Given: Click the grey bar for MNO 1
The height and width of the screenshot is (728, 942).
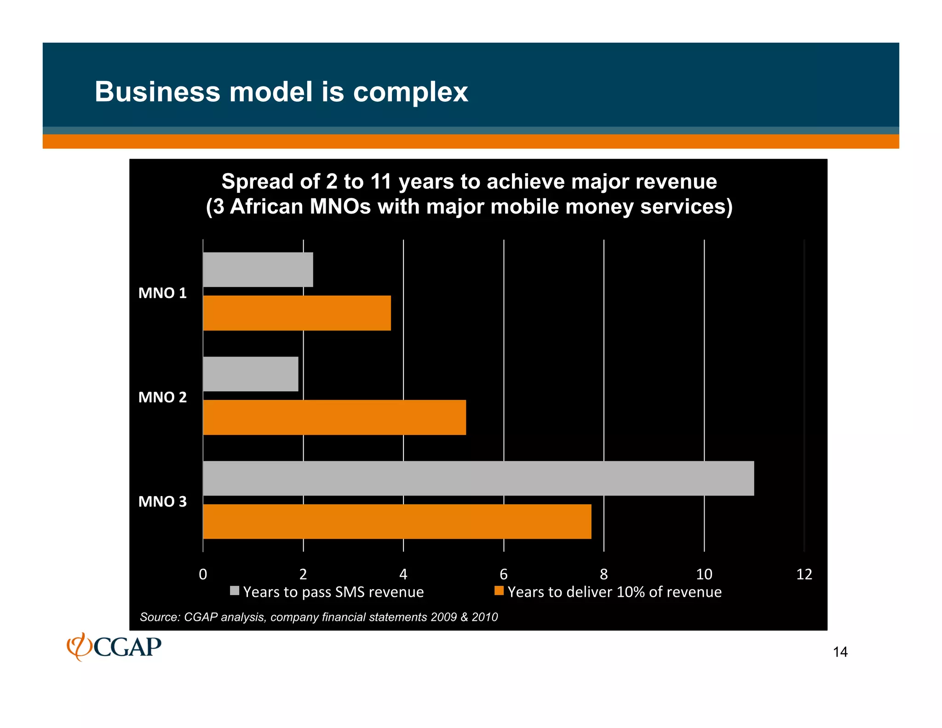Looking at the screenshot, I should [x=258, y=270].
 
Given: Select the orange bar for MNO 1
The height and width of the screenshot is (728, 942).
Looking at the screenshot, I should [x=297, y=313].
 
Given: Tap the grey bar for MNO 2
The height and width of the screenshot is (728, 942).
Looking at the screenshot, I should [x=251, y=374].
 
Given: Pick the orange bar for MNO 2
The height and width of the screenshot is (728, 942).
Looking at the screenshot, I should [x=334, y=417].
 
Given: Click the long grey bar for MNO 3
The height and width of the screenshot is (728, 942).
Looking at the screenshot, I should [x=478, y=479].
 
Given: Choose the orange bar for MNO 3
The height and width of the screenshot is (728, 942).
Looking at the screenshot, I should [x=397, y=521].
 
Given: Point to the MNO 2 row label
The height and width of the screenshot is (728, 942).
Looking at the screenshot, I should [x=162, y=397].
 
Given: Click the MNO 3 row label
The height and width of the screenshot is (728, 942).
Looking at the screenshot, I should [x=162, y=502].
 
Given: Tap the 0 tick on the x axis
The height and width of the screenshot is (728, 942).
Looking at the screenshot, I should [x=203, y=574].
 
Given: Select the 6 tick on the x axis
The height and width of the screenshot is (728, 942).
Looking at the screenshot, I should [x=504, y=574].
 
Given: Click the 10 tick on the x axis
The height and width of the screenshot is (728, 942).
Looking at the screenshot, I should [x=704, y=574].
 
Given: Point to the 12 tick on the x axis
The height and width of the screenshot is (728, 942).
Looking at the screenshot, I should [x=804, y=574].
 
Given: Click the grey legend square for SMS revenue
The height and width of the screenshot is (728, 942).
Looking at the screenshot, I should [x=235, y=591].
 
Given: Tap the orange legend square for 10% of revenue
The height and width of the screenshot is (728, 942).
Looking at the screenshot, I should [x=499, y=591].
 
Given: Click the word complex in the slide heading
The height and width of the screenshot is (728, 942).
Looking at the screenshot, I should [x=410, y=92].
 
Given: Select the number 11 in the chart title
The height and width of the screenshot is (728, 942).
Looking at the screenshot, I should [x=381, y=182].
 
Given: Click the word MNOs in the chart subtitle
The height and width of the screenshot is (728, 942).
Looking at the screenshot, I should [x=340, y=207].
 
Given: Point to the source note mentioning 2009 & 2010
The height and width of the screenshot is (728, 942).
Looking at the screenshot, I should [x=319, y=617].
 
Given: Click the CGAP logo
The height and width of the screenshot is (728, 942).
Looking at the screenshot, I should [x=114, y=647].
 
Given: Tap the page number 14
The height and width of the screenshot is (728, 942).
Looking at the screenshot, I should [x=840, y=652].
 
